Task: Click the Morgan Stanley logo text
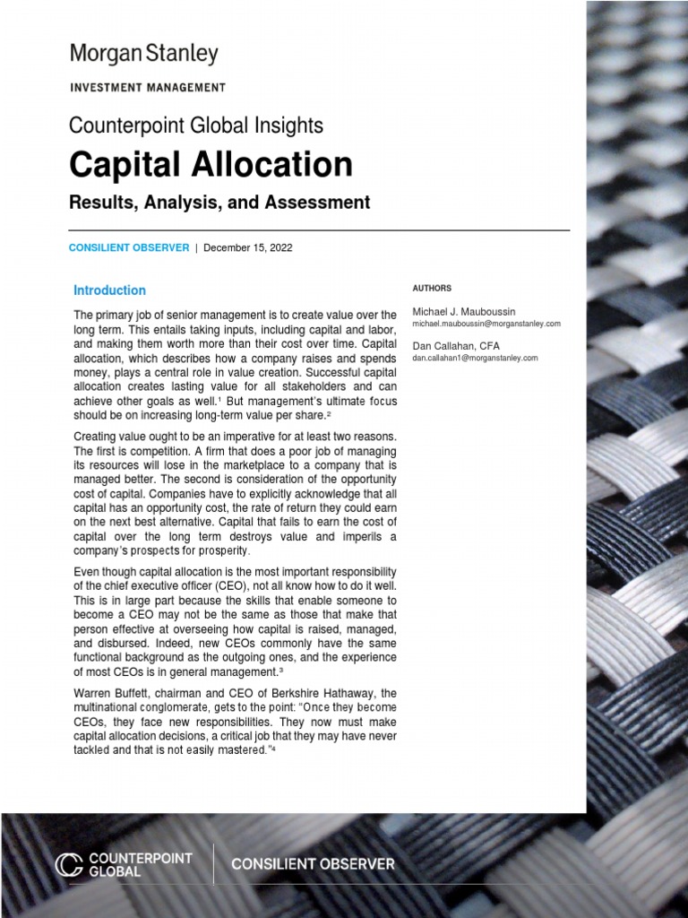click(x=143, y=55)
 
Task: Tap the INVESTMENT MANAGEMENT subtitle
click(x=147, y=88)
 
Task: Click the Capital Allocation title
click(x=211, y=164)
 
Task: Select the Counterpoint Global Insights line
click(x=196, y=126)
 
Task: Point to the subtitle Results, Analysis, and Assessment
click(x=219, y=203)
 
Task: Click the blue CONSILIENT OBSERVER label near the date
click(x=129, y=247)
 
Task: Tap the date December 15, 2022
click(x=248, y=247)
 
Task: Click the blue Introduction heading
click(x=109, y=290)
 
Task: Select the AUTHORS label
click(x=432, y=289)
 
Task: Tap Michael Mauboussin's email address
click(x=486, y=323)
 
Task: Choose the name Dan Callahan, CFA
click(x=456, y=345)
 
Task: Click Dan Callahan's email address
click(x=475, y=358)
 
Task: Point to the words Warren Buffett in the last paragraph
click(x=109, y=694)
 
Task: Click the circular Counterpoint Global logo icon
click(x=69, y=864)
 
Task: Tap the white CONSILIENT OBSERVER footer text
click(x=313, y=864)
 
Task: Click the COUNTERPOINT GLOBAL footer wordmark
click(x=141, y=864)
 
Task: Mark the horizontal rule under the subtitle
click(x=319, y=230)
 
